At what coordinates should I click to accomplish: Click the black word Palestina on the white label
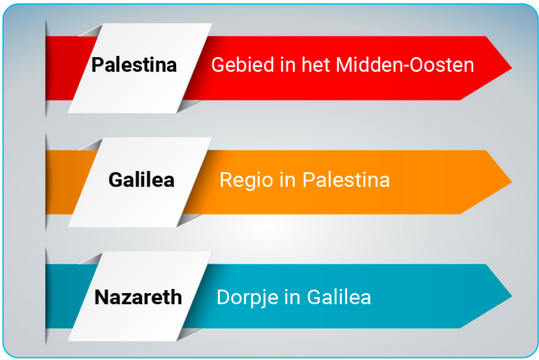pyautogui.click(x=134, y=64)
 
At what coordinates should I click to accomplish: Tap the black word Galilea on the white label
pyautogui.click(x=141, y=179)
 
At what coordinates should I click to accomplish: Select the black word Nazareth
pyautogui.click(x=138, y=297)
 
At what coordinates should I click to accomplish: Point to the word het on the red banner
pyautogui.click(x=316, y=64)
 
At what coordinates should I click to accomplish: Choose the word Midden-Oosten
pyautogui.click(x=405, y=64)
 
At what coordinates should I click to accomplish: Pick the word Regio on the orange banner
pyautogui.click(x=246, y=181)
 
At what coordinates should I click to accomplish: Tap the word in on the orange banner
pyautogui.click(x=287, y=179)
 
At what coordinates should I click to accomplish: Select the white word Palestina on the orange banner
pyautogui.click(x=346, y=179)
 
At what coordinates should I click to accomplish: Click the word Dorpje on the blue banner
pyautogui.click(x=248, y=298)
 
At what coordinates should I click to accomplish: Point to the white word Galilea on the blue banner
pyautogui.click(x=339, y=297)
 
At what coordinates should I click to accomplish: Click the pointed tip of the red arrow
pyautogui.click(x=511, y=68)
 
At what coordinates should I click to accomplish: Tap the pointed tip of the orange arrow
pyautogui.click(x=511, y=182)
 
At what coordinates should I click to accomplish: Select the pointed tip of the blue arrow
pyautogui.click(x=511, y=296)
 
